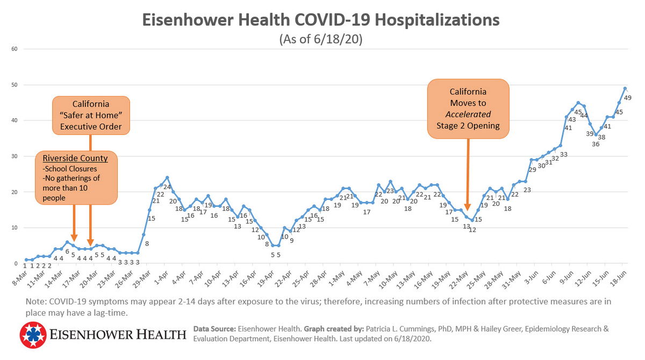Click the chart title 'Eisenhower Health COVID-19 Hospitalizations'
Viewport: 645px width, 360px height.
[321, 20]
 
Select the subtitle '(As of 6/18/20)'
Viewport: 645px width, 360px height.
[321, 40]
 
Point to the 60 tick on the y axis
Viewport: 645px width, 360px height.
[15, 49]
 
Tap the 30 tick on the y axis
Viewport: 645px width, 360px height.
[15, 156]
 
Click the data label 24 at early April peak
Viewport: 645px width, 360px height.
[167, 187]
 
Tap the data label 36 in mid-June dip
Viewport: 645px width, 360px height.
[596, 143]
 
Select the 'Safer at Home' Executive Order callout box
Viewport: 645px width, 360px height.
[90, 115]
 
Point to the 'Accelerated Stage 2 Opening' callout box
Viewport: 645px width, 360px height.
[468, 108]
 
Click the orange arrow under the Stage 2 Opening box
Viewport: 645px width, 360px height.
[468, 177]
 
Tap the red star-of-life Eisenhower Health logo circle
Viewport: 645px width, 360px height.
[33, 335]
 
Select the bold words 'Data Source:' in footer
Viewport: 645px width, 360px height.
[214, 328]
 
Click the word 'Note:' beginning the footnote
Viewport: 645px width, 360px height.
[35, 301]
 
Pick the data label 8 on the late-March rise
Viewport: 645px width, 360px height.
[147, 243]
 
